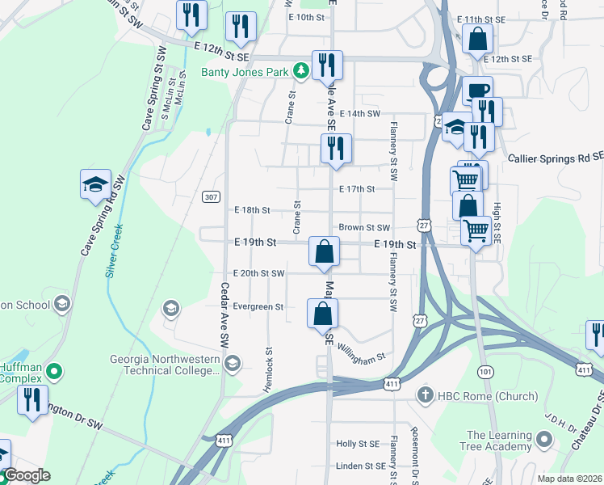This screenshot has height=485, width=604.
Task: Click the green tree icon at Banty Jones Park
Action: pos(300,72)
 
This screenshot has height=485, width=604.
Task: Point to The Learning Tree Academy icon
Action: pos(543,441)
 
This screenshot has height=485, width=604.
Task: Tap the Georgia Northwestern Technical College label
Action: pos(166,365)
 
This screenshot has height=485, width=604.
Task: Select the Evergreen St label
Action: pos(258,307)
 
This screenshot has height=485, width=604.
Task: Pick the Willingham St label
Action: pos(362,354)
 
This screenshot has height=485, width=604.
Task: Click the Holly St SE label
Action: pos(358,444)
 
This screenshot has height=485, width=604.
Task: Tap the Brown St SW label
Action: pos(364,228)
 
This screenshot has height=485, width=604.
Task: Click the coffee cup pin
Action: pos(477,91)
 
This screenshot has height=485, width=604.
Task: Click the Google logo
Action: pos(27,476)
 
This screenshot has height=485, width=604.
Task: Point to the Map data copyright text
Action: pos(569,479)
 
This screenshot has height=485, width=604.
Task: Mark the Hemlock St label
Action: pos(269,369)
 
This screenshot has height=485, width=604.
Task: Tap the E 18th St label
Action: pos(251,209)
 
